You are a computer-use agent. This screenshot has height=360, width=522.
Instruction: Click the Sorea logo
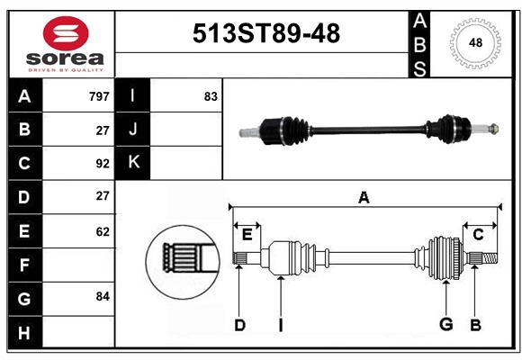tap(66, 45)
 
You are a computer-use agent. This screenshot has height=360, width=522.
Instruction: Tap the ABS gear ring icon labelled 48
tap(474, 42)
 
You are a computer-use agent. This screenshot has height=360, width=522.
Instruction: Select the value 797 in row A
tap(99, 96)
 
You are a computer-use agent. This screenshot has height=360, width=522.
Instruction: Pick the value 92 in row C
tap(103, 164)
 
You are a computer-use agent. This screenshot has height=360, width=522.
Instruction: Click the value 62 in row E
tap(103, 231)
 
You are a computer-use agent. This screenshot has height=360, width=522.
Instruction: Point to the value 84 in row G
tap(103, 296)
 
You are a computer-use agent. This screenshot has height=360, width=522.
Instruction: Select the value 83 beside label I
tap(211, 96)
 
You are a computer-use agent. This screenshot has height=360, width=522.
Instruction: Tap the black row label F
tap(23, 265)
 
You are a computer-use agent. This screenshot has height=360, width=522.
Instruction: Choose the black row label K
tap(133, 163)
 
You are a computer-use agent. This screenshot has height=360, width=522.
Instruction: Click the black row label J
tap(133, 130)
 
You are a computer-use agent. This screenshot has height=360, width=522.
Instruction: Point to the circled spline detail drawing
tap(183, 259)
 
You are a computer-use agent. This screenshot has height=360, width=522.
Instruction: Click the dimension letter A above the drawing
tap(364, 198)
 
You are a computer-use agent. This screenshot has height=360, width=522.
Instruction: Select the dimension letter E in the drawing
tap(247, 236)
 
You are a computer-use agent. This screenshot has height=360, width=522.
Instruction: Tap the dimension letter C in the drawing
tap(479, 235)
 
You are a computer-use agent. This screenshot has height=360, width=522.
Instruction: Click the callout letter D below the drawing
tap(239, 325)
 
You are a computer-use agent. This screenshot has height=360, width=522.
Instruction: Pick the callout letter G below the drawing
tap(445, 325)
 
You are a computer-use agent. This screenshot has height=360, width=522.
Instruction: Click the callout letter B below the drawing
tap(475, 325)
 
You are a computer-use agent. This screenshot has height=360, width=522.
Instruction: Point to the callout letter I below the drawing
tap(280, 325)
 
